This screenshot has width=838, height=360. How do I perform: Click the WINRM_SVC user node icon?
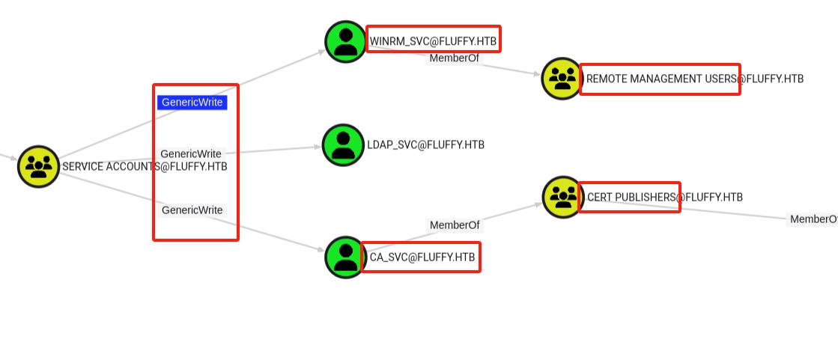(346, 42)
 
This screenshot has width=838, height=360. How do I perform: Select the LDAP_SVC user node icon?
(343, 145)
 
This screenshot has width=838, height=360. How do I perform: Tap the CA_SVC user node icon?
(346, 257)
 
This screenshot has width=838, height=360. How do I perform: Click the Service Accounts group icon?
(38, 167)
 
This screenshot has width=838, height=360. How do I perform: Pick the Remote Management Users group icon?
(562, 79)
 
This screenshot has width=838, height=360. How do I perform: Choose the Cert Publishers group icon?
(563, 197)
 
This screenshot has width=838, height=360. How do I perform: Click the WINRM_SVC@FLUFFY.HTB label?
(433, 41)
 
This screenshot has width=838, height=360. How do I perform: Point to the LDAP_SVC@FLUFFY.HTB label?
(426, 144)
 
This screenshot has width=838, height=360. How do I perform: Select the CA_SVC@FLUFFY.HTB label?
(422, 257)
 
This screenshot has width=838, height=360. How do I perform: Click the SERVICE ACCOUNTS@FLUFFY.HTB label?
(145, 167)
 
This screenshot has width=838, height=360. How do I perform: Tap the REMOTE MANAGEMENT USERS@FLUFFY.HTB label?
(695, 79)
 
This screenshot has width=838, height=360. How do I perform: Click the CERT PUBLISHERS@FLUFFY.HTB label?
(665, 197)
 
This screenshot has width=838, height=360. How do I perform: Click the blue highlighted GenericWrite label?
(192, 102)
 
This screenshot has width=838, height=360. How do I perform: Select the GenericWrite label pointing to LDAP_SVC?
(191, 154)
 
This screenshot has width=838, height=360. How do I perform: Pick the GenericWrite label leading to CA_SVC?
(192, 210)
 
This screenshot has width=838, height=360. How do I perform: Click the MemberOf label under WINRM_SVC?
(455, 58)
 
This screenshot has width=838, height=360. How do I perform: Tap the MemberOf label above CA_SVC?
(455, 225)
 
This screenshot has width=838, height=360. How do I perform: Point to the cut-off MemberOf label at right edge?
(813, 219)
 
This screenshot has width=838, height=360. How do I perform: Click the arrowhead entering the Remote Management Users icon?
(537, 73)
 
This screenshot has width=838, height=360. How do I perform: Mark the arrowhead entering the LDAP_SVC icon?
(318, 147)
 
